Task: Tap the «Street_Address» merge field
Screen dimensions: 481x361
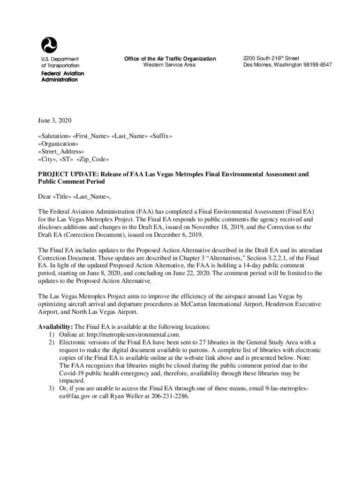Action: click(61, 151)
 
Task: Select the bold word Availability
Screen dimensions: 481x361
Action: click(55, 326)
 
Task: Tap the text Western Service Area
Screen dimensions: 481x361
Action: click(169, 65)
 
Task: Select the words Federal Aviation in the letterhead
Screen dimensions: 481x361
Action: click(63, 74)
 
